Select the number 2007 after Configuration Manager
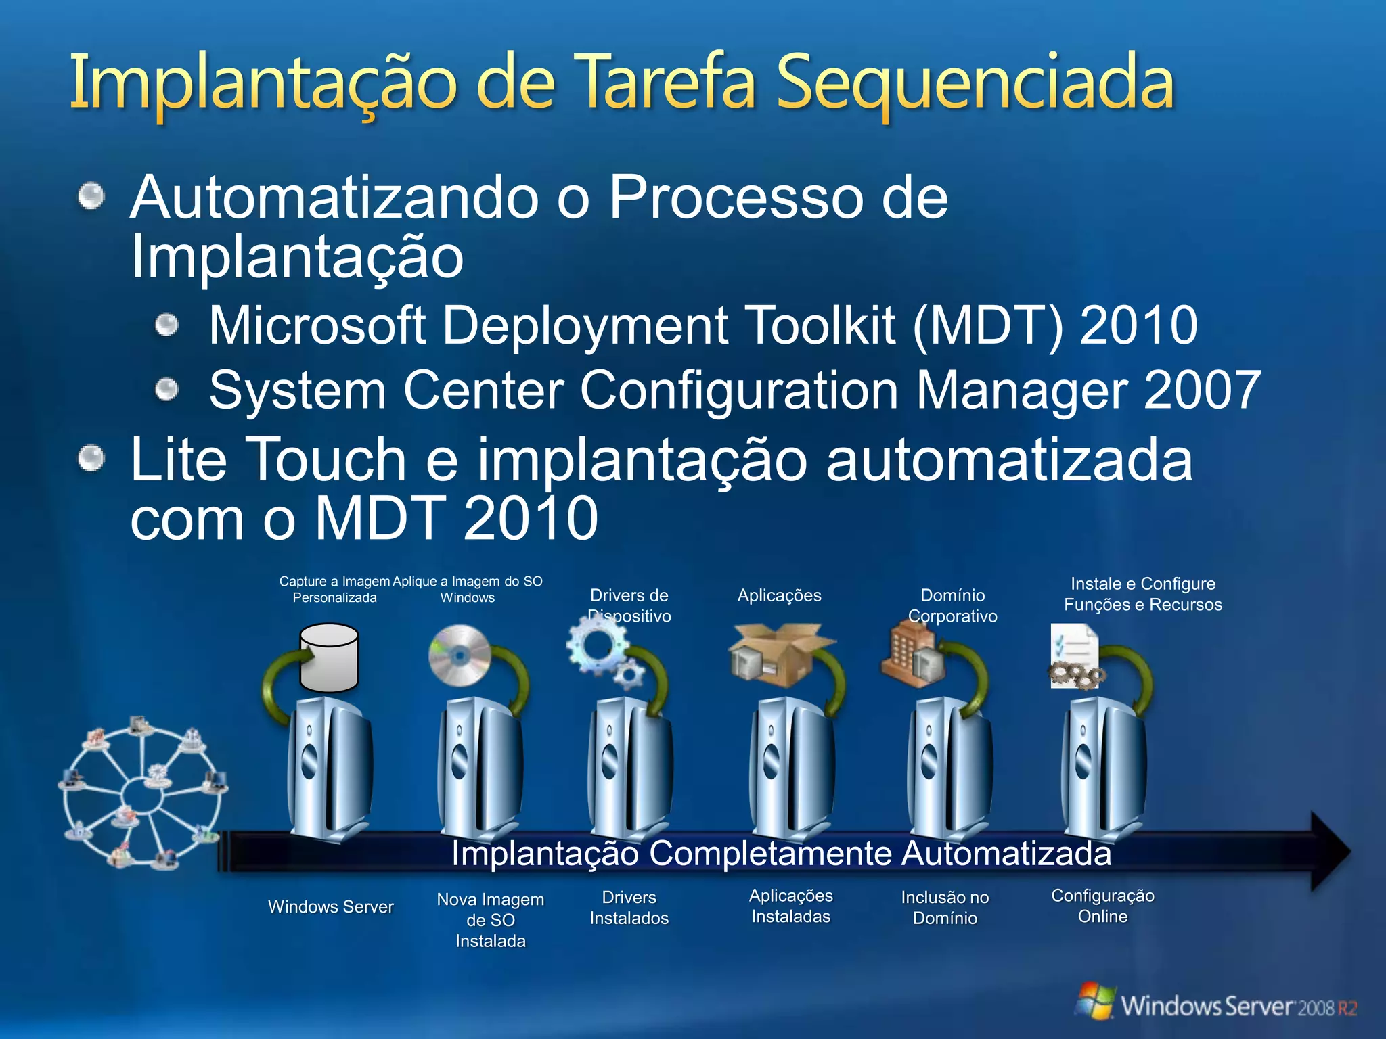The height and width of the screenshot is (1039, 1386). [1202, 390]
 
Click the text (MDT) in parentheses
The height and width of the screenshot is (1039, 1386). [987, 325]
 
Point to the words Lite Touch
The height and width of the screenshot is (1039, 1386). [268, 460]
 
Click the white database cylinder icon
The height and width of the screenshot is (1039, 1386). [329, 657]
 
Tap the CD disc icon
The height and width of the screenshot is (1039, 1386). [460, 655]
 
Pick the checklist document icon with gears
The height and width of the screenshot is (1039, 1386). [1074, 656]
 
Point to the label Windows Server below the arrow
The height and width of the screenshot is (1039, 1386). [331, 906]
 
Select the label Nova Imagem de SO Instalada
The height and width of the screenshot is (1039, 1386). [491, 920]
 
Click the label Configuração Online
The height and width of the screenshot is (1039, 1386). [1102, 906]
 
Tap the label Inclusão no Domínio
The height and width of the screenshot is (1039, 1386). [945, 908]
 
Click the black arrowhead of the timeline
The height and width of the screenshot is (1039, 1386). [1329, 852]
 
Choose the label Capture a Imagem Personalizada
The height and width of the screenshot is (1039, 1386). [334, 589]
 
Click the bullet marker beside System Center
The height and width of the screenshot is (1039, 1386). [166, 390]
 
